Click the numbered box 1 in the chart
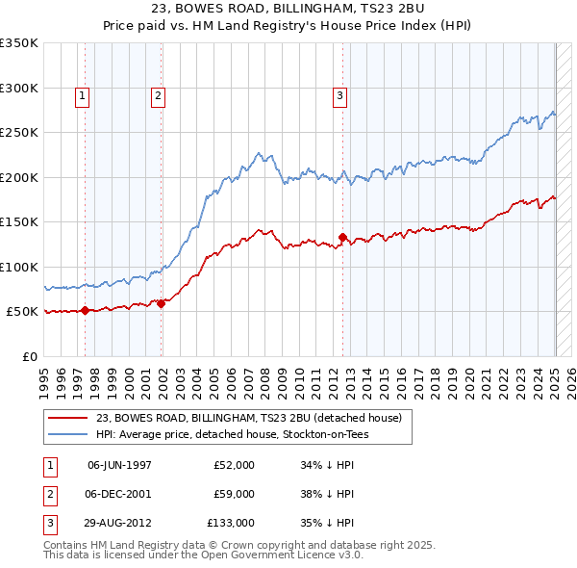[83, 95]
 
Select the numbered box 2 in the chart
[157, 95]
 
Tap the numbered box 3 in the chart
[340, 95]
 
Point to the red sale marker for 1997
[85, 310]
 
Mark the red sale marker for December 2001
[161, 303]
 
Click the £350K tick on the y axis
[19, 43]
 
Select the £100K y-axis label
[19, 267]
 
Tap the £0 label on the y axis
[30, 356]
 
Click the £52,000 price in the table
[234, 464]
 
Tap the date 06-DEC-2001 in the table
[119, 494]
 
